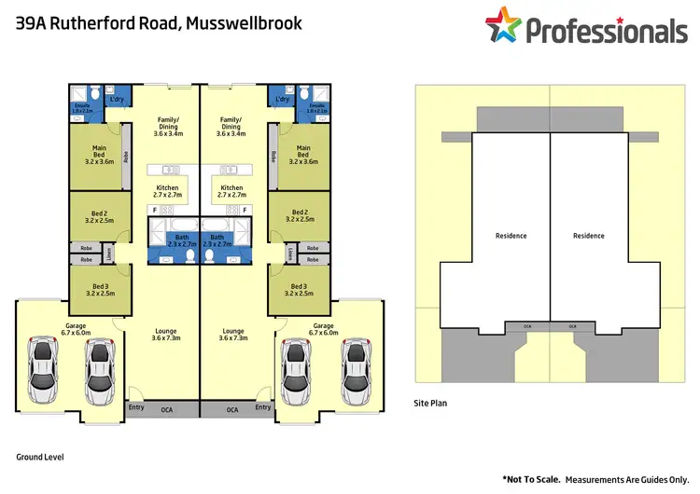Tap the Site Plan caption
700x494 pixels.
click(433, 404)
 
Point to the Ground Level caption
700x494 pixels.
click(39, 457)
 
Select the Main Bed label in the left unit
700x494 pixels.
click(98, 153)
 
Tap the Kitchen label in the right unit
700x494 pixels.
click(231, 191)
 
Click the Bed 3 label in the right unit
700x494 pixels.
click(300, 290)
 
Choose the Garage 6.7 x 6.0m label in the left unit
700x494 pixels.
click(76, 327)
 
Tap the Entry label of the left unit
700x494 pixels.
click(136, 407)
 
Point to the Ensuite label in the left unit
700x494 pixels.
click(83, 108)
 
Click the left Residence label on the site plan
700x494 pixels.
click(511, 236)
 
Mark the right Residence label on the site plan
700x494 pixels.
click(588, 236)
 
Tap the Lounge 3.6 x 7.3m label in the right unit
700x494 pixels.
click(233, 334)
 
